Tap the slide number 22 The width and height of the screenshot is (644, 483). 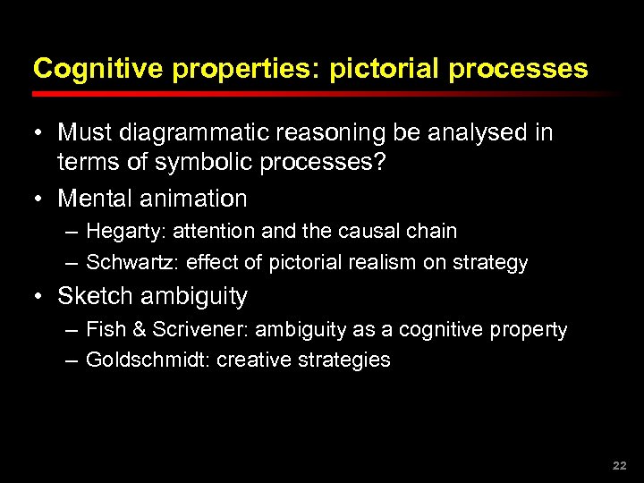[619, 466]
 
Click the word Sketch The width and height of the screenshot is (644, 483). [93, 296]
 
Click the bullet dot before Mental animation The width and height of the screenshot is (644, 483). [39, 198]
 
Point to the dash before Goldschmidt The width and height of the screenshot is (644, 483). [71, 360]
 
